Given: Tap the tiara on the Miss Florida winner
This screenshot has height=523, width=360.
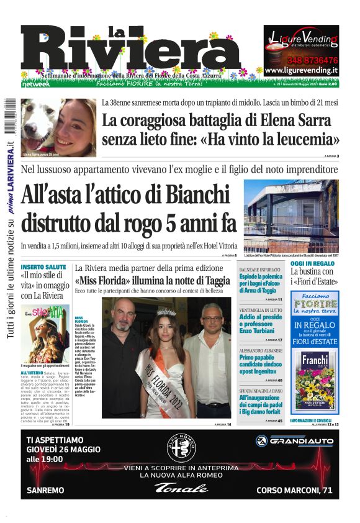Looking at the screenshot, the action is click(166, 312).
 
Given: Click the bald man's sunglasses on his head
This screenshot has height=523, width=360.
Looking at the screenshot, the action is click(122, 301).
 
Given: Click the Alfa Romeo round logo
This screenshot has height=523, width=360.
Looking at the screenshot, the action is click(180, 449).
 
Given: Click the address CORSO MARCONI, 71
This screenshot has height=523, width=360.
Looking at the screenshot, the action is click(294, 491).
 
